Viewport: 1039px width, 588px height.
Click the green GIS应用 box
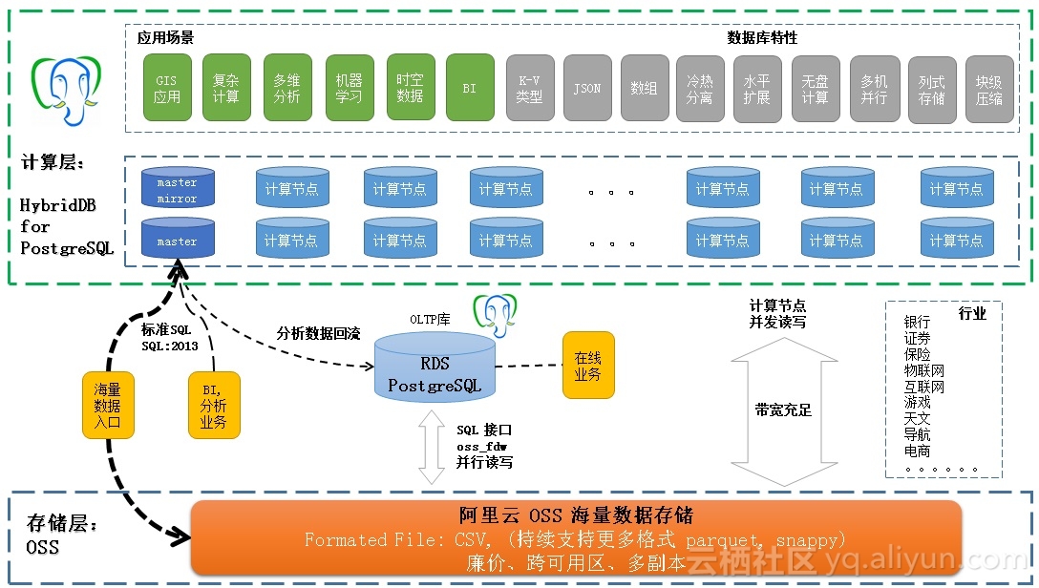tap(167, 88)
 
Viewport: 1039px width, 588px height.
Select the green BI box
tap(469, 88)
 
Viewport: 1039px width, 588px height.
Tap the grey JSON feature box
tap(587, 88)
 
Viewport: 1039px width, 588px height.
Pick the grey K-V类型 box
tap(529, 88)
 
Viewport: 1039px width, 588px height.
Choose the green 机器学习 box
tap(349, 88)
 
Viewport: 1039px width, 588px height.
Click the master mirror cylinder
tap(177, 189)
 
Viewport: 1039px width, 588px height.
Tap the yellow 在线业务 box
tap(587, 366)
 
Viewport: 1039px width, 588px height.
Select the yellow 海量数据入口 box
tap(107, 405)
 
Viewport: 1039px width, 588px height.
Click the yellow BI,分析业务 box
tap(213, 405)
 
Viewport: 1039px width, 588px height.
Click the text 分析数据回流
tap(319, 333)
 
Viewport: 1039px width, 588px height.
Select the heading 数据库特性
tap(761, 37)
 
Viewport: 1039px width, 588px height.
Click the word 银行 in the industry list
tap(917, 323)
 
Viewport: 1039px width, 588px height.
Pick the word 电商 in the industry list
tap(917, 451)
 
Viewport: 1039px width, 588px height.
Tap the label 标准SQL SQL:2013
tap(169, 337)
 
